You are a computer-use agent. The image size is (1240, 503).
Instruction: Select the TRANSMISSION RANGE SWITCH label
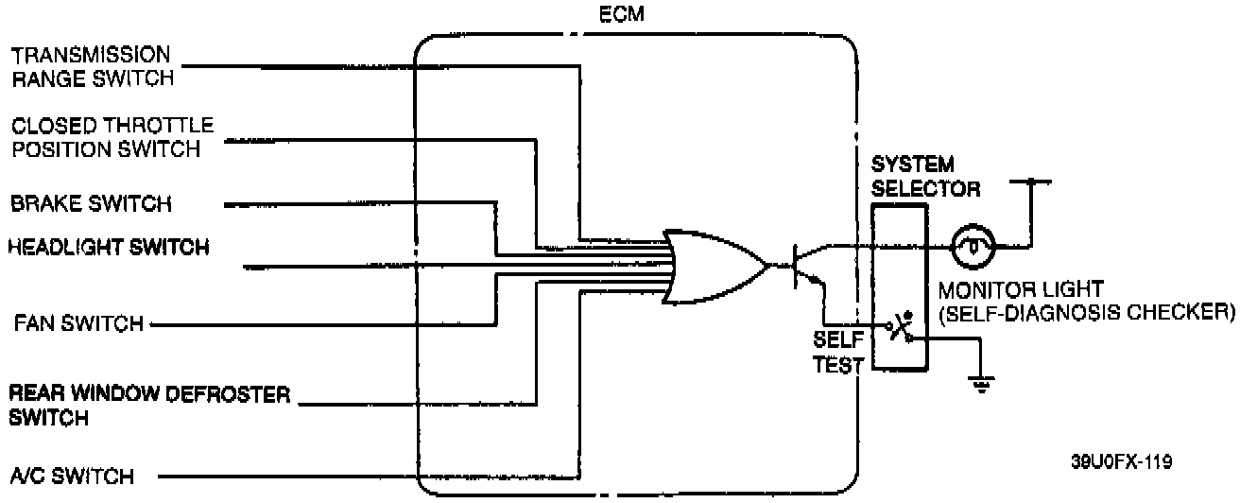click(91, 66)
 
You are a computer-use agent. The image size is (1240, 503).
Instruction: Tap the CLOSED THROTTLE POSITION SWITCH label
click(112, 137)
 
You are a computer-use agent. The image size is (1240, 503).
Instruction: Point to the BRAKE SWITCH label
click(91, 203)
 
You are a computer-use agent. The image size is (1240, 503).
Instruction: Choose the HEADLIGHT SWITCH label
click(108, 248)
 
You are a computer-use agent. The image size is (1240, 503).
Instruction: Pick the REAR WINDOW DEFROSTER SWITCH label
click(149, 404)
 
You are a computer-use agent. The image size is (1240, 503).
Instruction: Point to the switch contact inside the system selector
click(899, 329)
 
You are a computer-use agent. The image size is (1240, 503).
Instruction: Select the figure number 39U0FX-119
click(1125, 462)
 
